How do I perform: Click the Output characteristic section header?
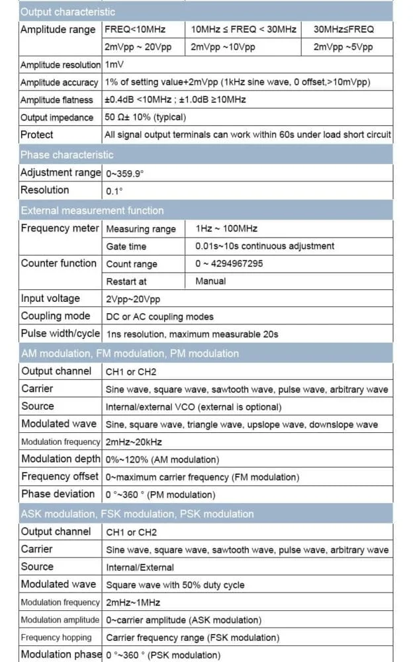(x=68, y=12)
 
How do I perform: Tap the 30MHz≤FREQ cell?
(x=344, y=29)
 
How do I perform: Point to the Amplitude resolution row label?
(x=60, y=65)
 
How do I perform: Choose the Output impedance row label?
(x=57, y=117)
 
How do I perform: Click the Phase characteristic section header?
(x=67, y=155)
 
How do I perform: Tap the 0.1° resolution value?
(x=115, y=191)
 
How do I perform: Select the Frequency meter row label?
(x=60, y=228)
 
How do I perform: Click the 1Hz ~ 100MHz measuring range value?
(x=226, y=228)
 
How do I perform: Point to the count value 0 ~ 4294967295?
(x=229, y=263)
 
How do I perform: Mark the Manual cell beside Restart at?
(x=210, y=281)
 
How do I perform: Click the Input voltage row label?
(x=50, y=299)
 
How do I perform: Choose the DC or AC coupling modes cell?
(x=160, y=316)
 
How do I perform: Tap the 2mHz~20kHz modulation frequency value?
(x=134, y=442)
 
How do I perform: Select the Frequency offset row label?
(x=60, y=476)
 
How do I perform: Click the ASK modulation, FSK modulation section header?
(x=137, y=514)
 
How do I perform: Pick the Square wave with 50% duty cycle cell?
(x=175, y=585)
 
